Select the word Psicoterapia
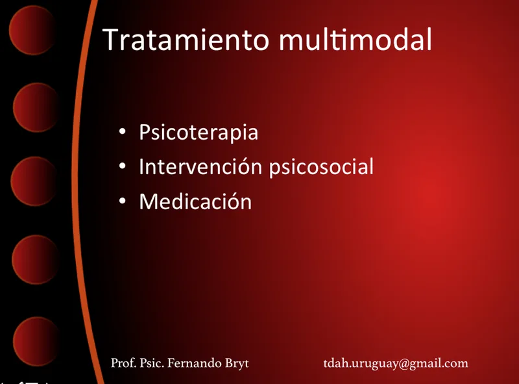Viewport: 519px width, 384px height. point(199,133)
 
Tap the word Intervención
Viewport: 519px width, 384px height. point(201,166)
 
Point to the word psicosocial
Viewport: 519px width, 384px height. point(321,167)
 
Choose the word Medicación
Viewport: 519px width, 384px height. point(196,201)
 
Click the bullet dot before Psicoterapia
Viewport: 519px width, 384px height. point(123,131)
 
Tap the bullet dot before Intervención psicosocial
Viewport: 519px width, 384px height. point(123,166)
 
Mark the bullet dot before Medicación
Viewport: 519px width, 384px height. point(123,201)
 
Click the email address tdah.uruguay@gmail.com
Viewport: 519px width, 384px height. point(396,363)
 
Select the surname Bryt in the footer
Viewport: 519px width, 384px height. point(237,363)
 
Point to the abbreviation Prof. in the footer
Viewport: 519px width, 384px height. point(123,363)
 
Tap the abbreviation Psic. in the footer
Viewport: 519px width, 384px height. point(152,363)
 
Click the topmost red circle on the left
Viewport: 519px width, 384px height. point(32,30)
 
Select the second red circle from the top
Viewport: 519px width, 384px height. point(36,107)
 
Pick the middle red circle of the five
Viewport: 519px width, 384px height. point(34,181)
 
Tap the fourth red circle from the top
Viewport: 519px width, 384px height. point(35,259)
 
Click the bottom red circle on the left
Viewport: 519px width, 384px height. point(36,341)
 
